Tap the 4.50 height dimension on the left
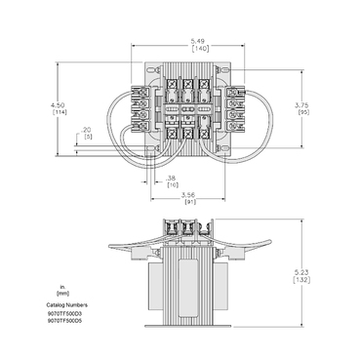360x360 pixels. tap(60, 103)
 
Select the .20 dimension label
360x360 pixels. tap(87, 129)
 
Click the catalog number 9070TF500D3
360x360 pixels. tap(64, 312)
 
